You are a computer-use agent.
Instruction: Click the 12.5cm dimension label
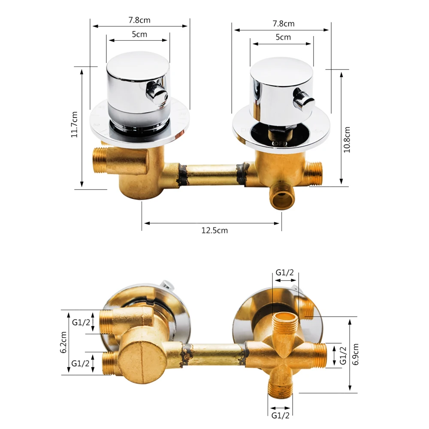tap(214, 230)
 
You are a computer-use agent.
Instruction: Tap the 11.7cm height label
tap(74, 124)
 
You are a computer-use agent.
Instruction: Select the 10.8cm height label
tap(347, 139)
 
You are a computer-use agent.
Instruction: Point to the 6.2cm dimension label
tap(63, 342)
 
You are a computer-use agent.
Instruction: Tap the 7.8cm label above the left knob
tap(139, 20)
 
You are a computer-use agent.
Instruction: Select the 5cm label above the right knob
tap(283, 37)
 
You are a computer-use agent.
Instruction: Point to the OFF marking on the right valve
tap(279, 144)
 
